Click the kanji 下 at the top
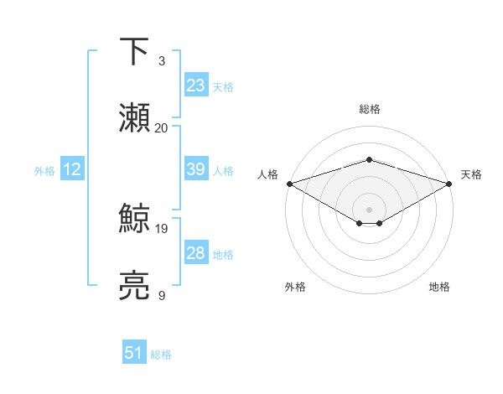(x=134, y=53)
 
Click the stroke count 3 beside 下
(x=162, y=61)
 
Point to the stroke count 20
(x=162, y=128)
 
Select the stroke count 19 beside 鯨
(x=162, y=228)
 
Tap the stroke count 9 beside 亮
(x=162, y=295)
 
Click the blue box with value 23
(x=196, y=86)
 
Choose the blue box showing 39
(x=196, y=169)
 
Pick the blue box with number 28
(x=196, y=253)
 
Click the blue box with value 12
(x=71, y=169)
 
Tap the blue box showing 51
(x=134, y=353)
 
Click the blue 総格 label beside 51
(x=161, y=355)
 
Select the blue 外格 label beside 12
(x=44, y=171)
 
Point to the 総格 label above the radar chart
(x=370, y=109)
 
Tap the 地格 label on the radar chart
(x=439, y=287)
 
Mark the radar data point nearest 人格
(x=289, y=184)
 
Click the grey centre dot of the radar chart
(x=370, y=209)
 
